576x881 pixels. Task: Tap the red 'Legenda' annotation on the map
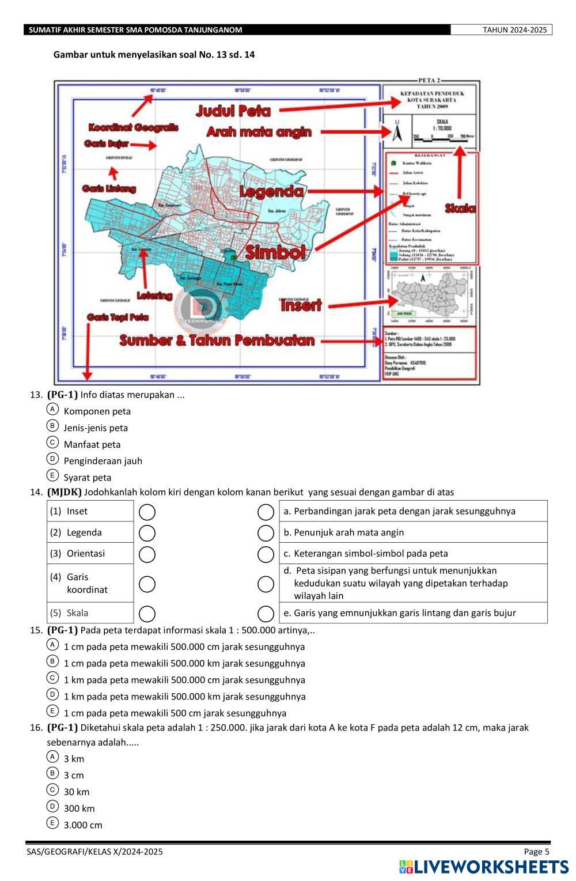[x=271, y=191]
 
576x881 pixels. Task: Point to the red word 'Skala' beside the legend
[x=460, y=209]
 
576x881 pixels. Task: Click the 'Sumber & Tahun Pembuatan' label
[x=217, y=341]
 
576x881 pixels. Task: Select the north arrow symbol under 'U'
[x=397, y=134]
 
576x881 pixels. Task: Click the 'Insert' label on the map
[x=301, y=305]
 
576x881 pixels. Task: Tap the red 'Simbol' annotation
[x=275, y=252]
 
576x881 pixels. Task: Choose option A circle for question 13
[x=52, y=409]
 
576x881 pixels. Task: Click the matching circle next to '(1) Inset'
[x=147, y=512]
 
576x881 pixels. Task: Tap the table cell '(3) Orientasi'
[x=90, y=553]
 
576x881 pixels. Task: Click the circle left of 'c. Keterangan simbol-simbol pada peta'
[x=266, y=554]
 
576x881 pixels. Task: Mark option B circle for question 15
[x=52, y=661]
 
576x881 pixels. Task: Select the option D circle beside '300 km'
[x=52, y=806]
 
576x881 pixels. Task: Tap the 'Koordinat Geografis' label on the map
[x=133, y=127]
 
